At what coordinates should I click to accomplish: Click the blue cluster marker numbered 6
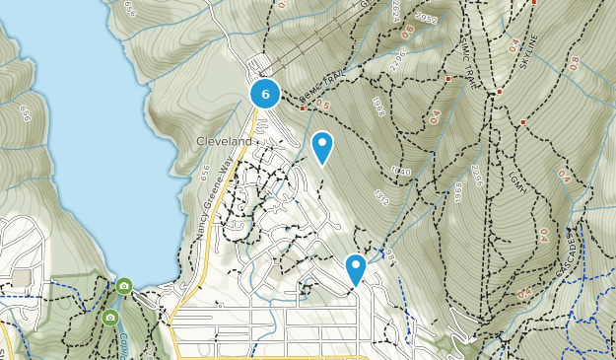pyautogui.click(x=265, y=94)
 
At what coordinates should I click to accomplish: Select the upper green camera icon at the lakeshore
pyautogui.click(x=123, y=286)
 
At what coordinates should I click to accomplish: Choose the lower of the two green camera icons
pyautogui.click(x=109, y=318)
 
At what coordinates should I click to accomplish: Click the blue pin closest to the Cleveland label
pyautogui.click(x=321, y=148)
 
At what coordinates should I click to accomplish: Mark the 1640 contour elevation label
pyautogui.click(x=398, y=170)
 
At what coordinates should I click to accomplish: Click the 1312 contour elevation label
pyautogui.click(x=381, y=197)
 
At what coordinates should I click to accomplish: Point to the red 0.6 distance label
pyautogui.click(x=406, y=31)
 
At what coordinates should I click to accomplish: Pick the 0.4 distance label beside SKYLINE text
pyautogui.click(x=513, y=45)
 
